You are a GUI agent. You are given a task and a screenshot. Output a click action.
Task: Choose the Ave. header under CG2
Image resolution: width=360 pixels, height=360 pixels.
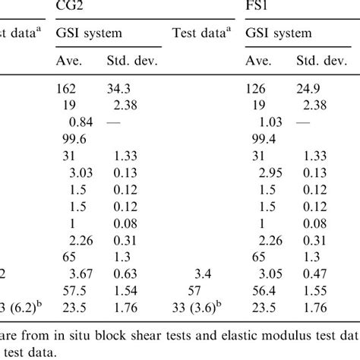pyautogui.click(x=71, y=62)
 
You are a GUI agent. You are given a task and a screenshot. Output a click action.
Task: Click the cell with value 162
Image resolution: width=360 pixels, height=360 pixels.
pyautogui.click(x=68, y=90)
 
